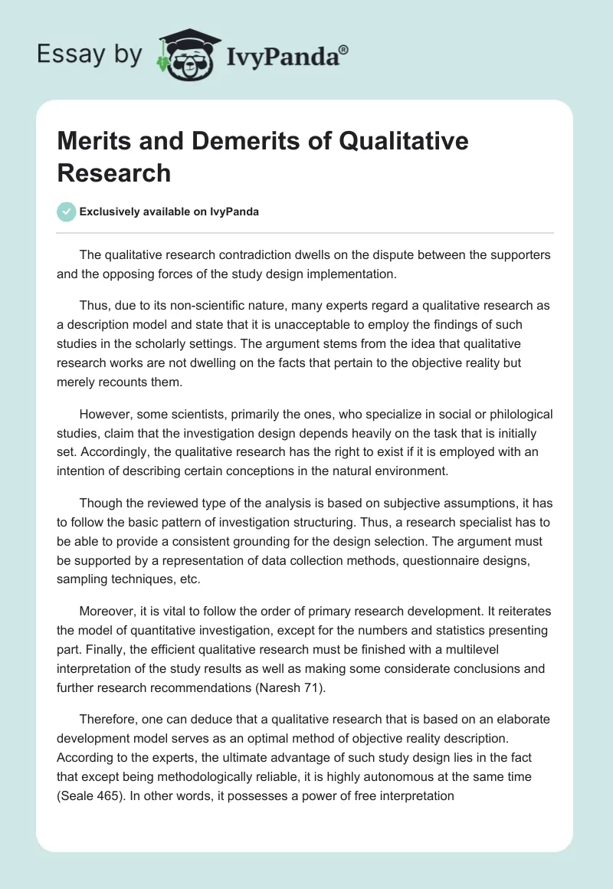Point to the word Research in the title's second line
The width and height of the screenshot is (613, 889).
(x=114, y=172)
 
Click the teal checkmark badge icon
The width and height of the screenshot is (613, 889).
(x=67, y=212)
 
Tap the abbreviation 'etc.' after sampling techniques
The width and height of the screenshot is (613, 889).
(x=188, y=579)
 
